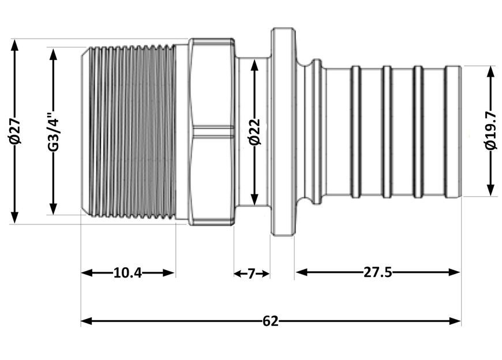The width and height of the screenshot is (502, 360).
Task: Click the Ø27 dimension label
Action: (15, 131)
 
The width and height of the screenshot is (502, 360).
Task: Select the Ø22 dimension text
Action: (255, 132)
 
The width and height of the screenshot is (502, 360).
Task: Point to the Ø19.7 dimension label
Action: (490, 130)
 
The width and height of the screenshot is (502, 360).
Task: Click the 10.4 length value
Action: (128, 273)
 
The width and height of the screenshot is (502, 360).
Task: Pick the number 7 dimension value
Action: (252, 273)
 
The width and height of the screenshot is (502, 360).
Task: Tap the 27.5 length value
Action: (378, 272)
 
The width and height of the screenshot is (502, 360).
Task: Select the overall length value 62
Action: (271, 321)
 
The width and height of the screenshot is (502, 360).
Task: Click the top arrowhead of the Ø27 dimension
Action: (15, 45)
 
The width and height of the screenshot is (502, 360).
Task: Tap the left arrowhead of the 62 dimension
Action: (87, 321)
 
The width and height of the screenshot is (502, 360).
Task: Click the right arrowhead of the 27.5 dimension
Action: (454, 272)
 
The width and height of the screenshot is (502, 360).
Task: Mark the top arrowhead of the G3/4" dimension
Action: (53, 54)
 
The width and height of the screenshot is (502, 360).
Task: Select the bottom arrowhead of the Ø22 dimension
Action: (254, 200)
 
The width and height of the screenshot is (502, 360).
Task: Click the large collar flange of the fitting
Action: (283, 132)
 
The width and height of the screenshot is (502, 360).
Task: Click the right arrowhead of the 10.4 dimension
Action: (168, 273)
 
